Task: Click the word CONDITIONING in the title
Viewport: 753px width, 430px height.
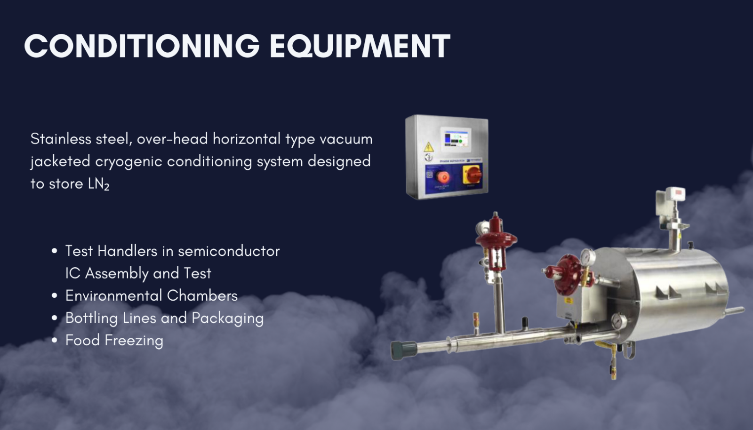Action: coord(142,46)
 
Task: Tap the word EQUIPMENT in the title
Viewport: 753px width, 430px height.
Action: coord(360,46)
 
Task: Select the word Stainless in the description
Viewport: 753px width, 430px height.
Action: coord(61,139)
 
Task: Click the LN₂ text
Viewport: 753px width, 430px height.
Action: coord(98,184)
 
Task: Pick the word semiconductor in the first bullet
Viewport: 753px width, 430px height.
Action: coord(229,251)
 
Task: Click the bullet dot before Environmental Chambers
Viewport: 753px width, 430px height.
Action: coord(55,295)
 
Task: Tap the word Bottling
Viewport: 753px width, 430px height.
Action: coord(91,318)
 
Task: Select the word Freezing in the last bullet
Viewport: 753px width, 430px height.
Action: coord(134,340)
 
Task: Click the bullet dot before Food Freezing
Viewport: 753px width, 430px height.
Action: coord(55,340)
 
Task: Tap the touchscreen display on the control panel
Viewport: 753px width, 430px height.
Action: coord(456,137)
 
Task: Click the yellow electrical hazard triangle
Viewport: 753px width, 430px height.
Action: coord(429,147)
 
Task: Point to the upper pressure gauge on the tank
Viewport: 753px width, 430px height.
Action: coord(588,257)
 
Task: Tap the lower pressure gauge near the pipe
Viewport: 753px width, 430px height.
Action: coord(618,322)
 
